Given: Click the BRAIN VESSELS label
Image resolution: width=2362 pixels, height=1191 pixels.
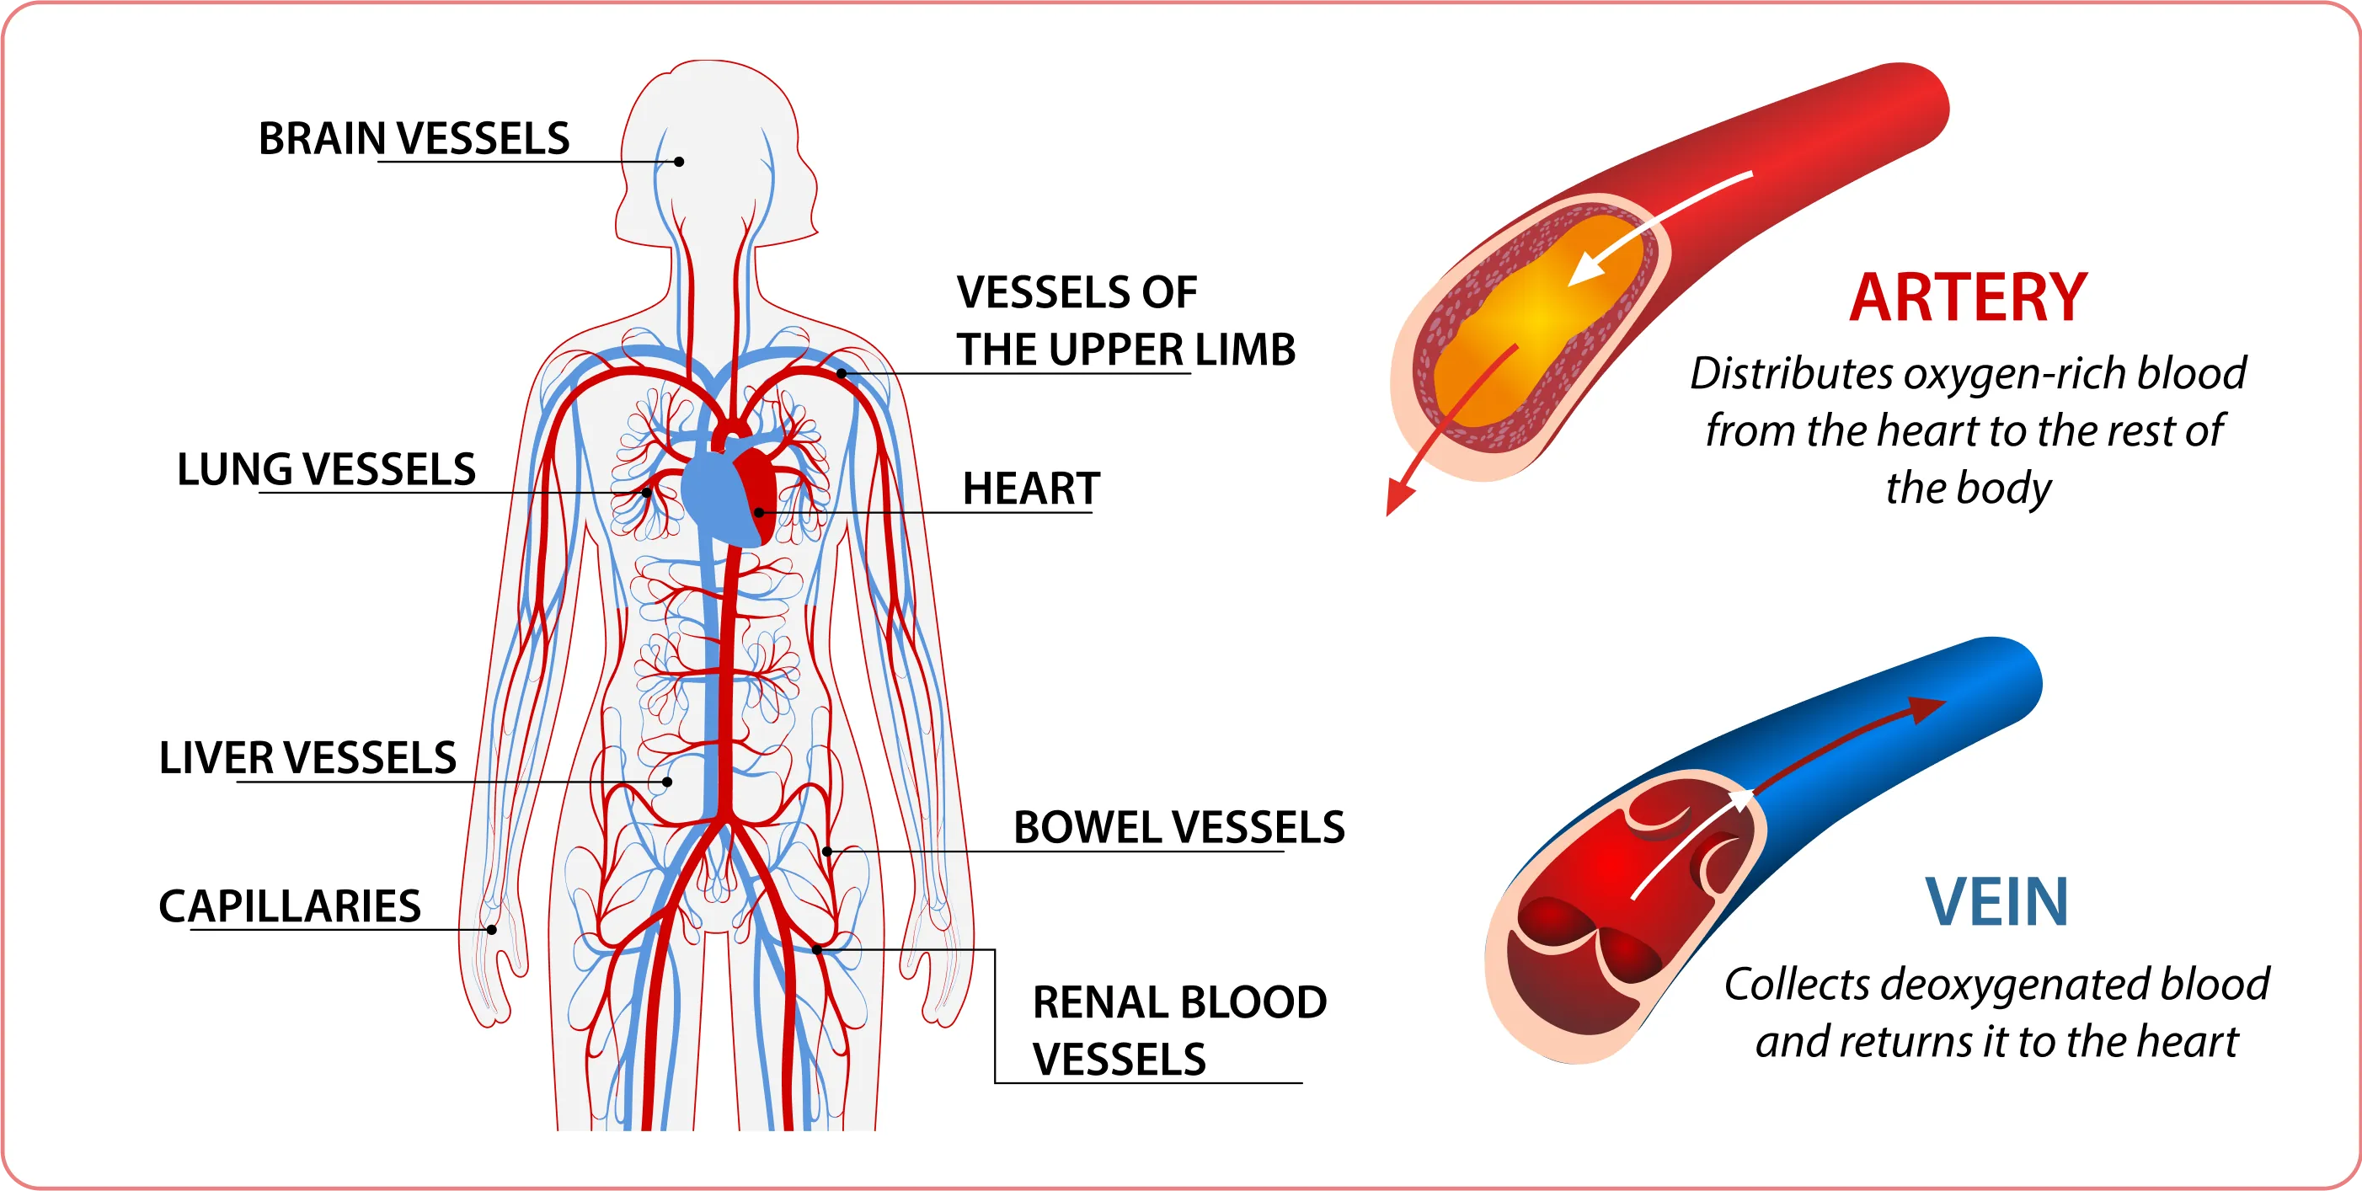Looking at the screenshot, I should tap(414, 139).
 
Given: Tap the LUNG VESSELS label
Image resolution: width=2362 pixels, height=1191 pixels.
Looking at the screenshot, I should tap(327, 469).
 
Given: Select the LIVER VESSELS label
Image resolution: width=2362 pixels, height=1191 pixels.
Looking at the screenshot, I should tap(308, 758).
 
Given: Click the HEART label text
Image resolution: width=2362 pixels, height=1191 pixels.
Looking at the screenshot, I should tap(1030, 489).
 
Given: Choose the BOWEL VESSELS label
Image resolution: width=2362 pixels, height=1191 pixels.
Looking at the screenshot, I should tap(1179, 827).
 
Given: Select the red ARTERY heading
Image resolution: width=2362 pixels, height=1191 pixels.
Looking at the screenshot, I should tap(1968, 298).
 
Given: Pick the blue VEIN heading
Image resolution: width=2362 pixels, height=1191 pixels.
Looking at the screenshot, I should tap(1996, 902).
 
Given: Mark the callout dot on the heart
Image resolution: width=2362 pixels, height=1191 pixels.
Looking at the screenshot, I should tap(759, 511).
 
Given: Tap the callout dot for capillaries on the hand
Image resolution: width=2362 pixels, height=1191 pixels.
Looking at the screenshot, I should tap(491, 930).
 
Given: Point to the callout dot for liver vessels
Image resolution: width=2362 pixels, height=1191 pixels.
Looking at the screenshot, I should tap(667, 782).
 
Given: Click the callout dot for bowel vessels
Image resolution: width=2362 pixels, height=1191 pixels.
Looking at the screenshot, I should tap(827, 852).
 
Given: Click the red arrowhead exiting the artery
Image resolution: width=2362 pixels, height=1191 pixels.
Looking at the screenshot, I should tap(1398, 499).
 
